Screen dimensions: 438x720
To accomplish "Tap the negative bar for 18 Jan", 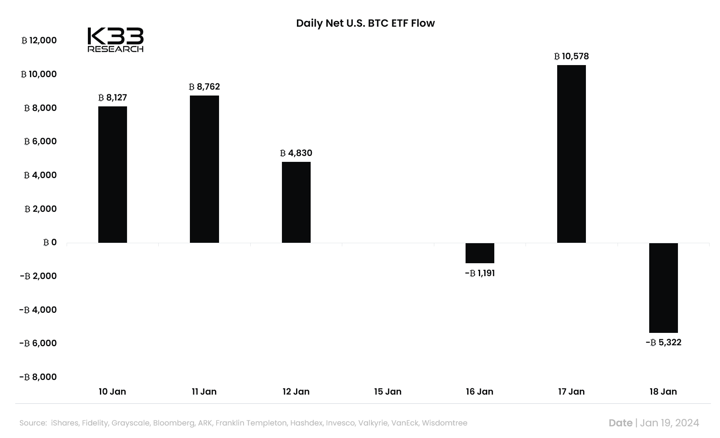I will pyautogui.click(x=663, y=287).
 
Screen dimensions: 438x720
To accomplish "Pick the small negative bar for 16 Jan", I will pyautogui.click(x=480, y=253).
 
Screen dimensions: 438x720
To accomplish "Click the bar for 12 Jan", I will pyautogui.click(x=296, y=202).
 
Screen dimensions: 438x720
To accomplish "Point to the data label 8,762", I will pyautogui.click(x=204, y=87).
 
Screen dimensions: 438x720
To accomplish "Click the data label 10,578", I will pyautogui.click(x=571, y=56).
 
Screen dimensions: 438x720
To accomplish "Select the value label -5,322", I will pyautogui.click(x=663, y=342).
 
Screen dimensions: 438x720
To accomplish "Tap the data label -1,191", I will pyautogui.click(x=480, y=273).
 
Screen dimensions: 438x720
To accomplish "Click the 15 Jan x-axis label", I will pyautogui.click(x=388, y=392).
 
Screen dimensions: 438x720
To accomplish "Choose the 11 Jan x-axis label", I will pyautogui.click(x=204, y=392).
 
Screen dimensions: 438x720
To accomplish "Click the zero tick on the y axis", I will pyautogui.click(x=50, y=242).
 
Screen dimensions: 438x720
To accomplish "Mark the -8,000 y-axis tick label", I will pyautogui.click(x=38, y=377).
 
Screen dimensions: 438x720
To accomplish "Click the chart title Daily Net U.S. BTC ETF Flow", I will pyautogui.click(x=365, y=23).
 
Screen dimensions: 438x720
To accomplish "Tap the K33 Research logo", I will pyautogui.click(x=115, y=40).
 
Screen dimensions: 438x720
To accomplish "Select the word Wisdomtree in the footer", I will pyautogui.click(x=444, y=423).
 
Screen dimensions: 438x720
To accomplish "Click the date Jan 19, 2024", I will pyautogui.click(x=669, y=423).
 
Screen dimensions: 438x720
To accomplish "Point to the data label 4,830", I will pyautogui.click(x=296, y=153).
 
